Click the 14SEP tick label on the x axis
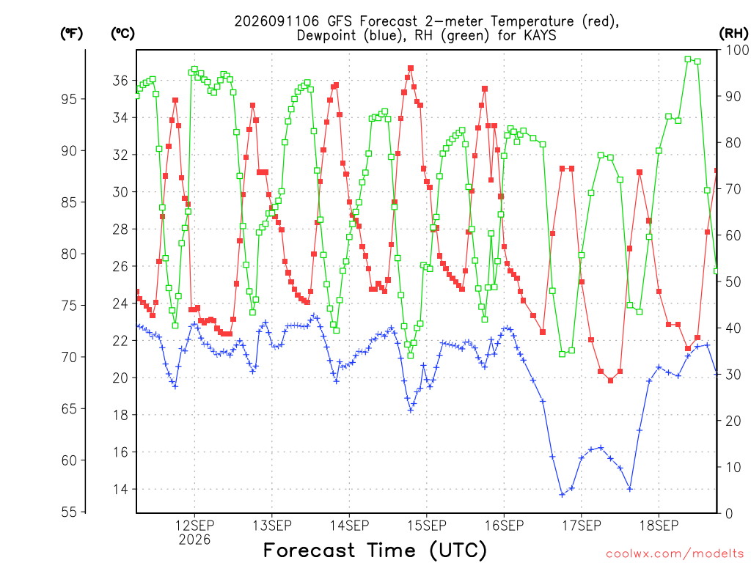349,526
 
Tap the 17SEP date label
582,526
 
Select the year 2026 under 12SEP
194,540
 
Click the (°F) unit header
71,34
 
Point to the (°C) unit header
122,34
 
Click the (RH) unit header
733,34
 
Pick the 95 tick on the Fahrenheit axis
69,99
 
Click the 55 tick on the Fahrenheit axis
69,512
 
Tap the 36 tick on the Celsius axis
120,81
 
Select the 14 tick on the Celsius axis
120,489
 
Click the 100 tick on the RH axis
737,50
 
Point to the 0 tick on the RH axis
729,514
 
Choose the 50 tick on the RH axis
733,281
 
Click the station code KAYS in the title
540,35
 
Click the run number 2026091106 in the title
276,21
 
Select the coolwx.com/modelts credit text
675,554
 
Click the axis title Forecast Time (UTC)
375,551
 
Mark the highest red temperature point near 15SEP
411,68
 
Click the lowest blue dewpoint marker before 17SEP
562,495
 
